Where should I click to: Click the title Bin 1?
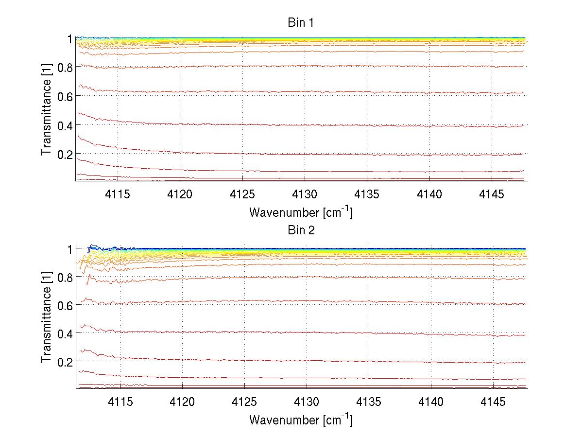pyautogui.click(x=301, y=23)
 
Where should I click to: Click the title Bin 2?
pyautogui.click(x=301, y=230)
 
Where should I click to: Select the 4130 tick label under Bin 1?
pyautogui.click(x=306, y=194)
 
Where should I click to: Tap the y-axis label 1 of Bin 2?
pyautogui.click(x=70, y=248)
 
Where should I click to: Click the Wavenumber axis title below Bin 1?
pyautogui.click(x=301, y=212)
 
